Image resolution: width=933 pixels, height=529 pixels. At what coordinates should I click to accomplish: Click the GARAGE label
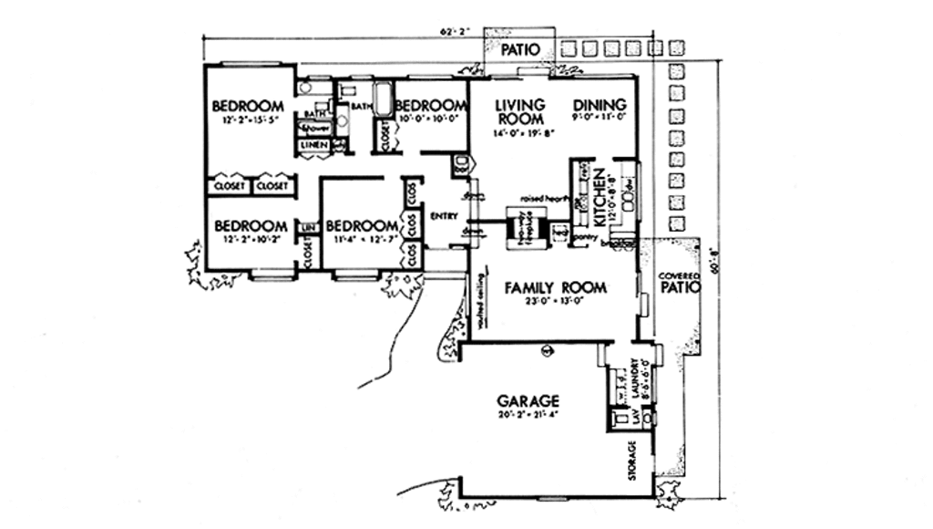528,400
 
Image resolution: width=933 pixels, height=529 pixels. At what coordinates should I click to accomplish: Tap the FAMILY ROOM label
555,287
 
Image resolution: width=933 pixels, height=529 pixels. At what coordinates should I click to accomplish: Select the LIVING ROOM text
520,111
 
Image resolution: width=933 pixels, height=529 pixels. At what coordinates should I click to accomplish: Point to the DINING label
599,105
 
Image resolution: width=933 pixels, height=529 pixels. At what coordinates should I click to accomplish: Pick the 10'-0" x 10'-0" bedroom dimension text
431,118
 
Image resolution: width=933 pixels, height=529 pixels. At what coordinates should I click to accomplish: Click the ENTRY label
443,216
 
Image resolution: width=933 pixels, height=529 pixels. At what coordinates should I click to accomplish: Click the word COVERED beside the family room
679,275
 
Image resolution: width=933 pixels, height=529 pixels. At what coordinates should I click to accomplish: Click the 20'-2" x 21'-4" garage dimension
528,416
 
